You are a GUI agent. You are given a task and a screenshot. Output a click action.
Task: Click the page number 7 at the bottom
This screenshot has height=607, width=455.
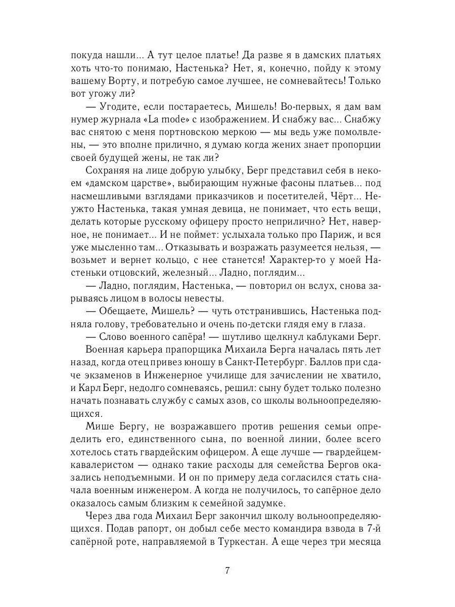(227, 571)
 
